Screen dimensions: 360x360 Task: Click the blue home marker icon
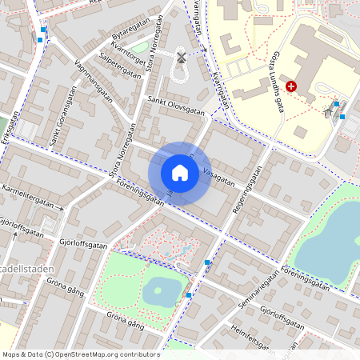180,173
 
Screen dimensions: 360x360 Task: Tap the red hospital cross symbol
290,85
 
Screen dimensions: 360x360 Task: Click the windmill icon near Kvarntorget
181,58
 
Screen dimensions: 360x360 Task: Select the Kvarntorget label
132,49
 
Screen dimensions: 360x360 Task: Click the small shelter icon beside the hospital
327,111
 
